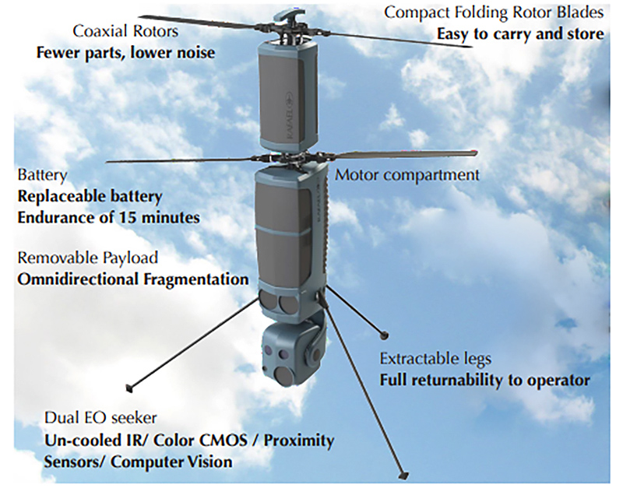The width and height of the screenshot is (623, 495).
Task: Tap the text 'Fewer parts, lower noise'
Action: [125, 54]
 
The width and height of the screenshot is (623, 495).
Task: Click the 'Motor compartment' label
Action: [407, 174]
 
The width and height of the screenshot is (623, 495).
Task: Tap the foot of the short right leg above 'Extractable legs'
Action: [383, 335]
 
